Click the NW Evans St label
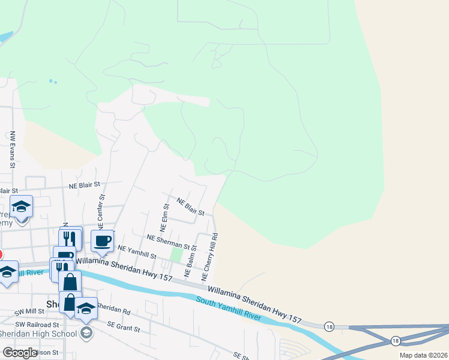12,148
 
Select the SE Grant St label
124,328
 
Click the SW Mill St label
31,312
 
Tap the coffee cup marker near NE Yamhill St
102,241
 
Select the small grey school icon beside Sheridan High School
86,333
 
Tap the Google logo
20,353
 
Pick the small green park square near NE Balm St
176,255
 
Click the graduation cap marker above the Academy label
22,206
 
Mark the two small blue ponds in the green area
52,82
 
